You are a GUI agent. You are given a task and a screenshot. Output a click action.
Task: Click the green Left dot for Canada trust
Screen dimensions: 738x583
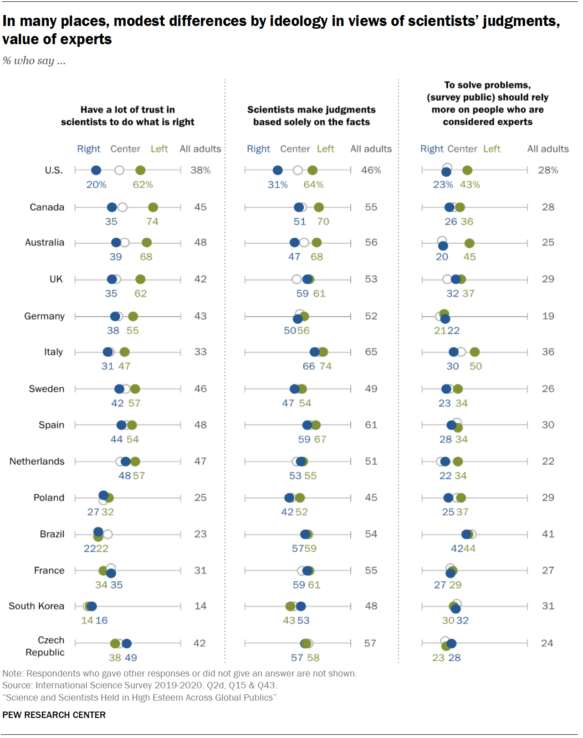tap(153, 207)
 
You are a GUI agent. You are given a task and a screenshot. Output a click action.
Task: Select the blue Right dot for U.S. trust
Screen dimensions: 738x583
tap(96, 170)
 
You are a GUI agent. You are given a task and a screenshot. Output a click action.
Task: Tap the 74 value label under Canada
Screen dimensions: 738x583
tap(152, 222)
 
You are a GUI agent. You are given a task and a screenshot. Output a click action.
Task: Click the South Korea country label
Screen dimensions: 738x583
tap(36, 606)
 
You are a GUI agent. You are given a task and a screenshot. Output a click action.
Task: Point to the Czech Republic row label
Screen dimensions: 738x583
tap(45, 646)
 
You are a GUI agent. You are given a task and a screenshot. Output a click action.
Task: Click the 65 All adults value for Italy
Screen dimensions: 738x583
tap(371, 352)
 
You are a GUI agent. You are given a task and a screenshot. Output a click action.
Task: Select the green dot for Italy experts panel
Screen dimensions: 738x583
tap(475, 352)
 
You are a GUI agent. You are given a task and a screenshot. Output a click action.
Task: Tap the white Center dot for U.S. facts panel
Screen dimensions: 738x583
tap(298, 170)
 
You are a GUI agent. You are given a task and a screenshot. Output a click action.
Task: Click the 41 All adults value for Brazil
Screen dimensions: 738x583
tap(548, 534)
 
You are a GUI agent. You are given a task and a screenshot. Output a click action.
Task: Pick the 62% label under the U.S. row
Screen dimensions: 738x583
tap(143, 185)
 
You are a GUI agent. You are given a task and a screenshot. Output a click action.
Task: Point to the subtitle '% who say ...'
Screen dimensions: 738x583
tap(34, 61)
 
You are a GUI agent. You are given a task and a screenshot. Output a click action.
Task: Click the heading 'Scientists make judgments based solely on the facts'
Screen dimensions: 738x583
tap(312, 116)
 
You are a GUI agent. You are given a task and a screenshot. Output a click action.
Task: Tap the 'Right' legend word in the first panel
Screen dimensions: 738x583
tap(88, 149)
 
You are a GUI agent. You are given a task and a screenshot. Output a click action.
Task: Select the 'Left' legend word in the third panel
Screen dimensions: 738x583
tap(491, 149)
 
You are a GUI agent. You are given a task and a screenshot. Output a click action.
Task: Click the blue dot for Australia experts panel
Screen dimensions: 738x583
tap(443, 246)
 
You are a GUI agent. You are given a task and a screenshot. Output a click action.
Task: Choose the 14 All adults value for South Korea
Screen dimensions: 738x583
tap(200, 606)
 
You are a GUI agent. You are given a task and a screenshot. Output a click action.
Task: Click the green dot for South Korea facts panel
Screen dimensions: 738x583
tap(290, 606)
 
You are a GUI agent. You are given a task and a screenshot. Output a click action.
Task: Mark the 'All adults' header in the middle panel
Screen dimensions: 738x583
tap(371, 149)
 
